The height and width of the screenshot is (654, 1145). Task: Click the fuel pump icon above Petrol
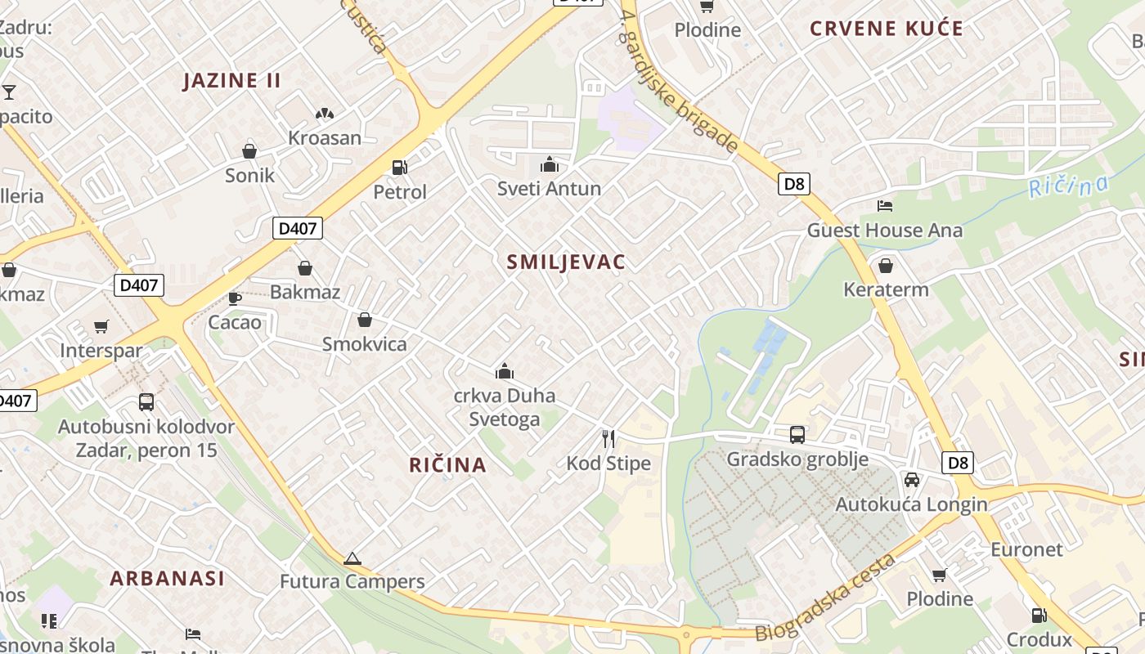point(400,168)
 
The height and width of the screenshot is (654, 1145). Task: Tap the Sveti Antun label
point(549,188)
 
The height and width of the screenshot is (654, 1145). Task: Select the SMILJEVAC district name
point(566,262)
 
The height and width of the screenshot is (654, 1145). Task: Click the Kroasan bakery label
point(324,137)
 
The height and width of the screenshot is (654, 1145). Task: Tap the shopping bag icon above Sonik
point(249,151)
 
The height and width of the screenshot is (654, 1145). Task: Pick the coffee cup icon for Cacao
point(235,298)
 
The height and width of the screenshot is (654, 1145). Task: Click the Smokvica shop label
point(364,343)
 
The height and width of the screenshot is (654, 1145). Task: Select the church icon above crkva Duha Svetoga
point(505,372)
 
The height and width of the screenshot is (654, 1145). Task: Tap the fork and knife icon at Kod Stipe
point(608,439)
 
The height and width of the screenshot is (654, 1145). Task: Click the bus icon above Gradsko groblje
point(797,435)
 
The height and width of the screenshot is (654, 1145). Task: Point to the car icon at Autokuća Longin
point(911,480)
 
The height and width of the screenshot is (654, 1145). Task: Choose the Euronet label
point(1026,549)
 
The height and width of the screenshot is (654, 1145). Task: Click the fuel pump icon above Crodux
point(1039,615)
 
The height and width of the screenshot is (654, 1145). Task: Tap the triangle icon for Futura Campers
point(352,559)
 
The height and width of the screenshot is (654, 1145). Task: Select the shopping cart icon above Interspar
point(101,327)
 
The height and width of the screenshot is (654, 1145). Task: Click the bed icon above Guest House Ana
point(885,206)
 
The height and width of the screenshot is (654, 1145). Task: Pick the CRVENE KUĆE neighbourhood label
point(887,29)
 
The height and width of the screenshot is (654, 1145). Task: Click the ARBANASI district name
point(167,578)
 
